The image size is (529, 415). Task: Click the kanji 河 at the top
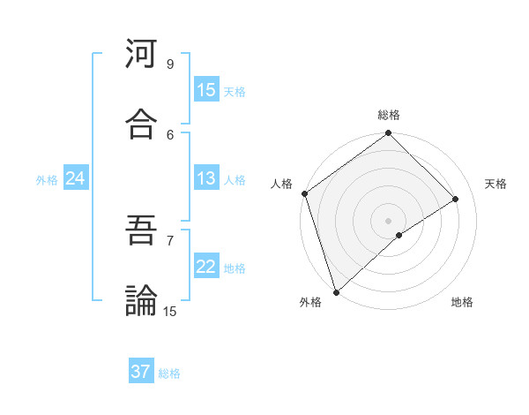pyautogui.click(x=142, y=54)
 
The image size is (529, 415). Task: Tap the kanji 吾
pyautogui.click(x=142, y=230)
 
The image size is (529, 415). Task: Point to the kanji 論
pyautogui.click(x=142, y=300)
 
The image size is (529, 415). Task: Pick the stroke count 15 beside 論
pyautogui.click(x=170, y=311)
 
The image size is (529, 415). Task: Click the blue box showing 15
pyautogui.click(x=206, y=90)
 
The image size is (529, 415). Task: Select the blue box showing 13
pyautogui.click(x=206, y=179)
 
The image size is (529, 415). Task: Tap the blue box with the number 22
pyautogui.click(x=206, y=268)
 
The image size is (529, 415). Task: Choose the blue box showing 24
pyautogui.click(x=75, y=179)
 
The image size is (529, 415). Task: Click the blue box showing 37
pyautogui.click(x=141, y=372)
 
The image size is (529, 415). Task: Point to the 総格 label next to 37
pyautogui.click(x=169, y=373)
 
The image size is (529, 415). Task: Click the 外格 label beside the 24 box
pyautogui.click(x=47, y=180)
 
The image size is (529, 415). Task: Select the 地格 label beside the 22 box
pyautogui.click(x=235, y=268)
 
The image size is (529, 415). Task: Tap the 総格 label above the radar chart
pyautogui.click(x=389, y=115)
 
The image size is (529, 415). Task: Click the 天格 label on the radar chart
pyautogui.click(x=496, y=184)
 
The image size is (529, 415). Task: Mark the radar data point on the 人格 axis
pyautogui.click(x=304, y=193)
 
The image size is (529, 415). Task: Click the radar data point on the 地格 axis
pyautogui.click(x=399, y=235)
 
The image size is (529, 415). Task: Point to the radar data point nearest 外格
pyautogui.click(x=335, y=291)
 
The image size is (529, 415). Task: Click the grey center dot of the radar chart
pyautogui.click(x=388, y=220)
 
